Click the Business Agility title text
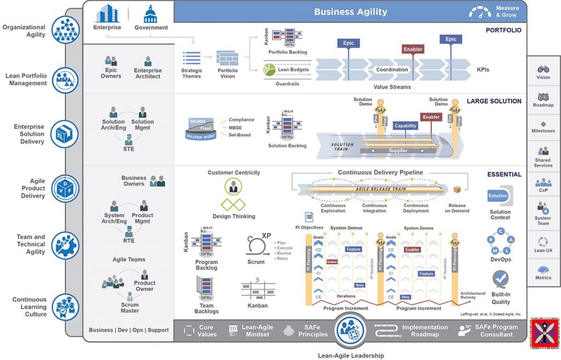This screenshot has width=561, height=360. coord(350,12)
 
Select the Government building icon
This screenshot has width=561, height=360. coord(151,14)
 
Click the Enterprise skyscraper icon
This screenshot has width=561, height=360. coord(107,14)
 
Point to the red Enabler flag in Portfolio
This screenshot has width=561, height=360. coord(413,49)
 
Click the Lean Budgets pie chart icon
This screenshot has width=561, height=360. coord(269,70)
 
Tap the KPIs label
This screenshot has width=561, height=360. coord(483,70)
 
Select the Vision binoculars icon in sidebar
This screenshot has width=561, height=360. coord(543,70)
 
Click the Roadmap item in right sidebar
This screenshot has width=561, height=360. coord(543,100)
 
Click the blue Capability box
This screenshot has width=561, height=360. coord(405,125)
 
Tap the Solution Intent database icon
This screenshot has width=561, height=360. coord(202,129)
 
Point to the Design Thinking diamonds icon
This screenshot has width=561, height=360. coord(233,205)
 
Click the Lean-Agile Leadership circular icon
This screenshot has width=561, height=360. coord(351,330)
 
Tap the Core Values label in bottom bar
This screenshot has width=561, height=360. coord(207,331)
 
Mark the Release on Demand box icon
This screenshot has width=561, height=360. coord(457,190)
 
